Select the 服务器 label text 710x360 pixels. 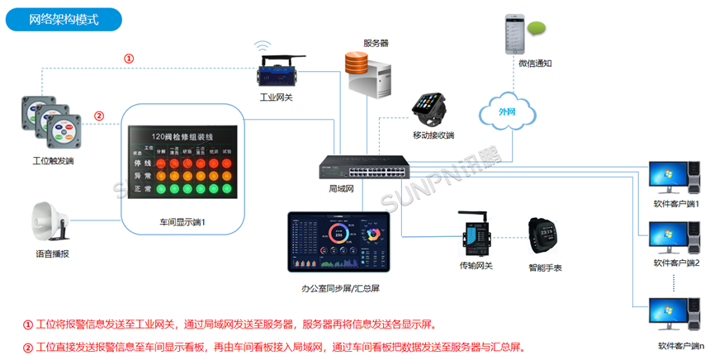375,42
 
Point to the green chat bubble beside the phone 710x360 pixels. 537,30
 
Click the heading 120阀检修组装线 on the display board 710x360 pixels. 182,137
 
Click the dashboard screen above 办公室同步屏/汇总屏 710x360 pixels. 338,243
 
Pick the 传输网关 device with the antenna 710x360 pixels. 476,238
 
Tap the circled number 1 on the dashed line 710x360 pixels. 129,59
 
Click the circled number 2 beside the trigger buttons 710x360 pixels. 99,116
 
